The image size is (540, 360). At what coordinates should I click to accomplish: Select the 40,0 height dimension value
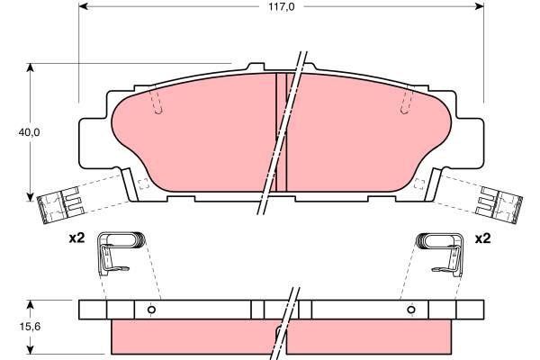click(x=30, y=132)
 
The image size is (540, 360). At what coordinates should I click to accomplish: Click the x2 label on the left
click(x=76, y=239)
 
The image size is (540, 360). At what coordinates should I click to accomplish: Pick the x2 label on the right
click(x=482, y=239)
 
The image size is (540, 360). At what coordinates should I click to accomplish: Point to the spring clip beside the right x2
click(x=441, y=250)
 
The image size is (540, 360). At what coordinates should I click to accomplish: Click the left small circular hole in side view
click(x=151, y=310)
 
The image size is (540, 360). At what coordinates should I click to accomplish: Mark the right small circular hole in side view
click(x=410, y=310)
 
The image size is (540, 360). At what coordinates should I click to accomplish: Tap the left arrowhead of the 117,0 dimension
click(x=84, y=6)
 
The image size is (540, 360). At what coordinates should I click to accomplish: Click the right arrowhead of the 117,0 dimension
click(x=480, y=6)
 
